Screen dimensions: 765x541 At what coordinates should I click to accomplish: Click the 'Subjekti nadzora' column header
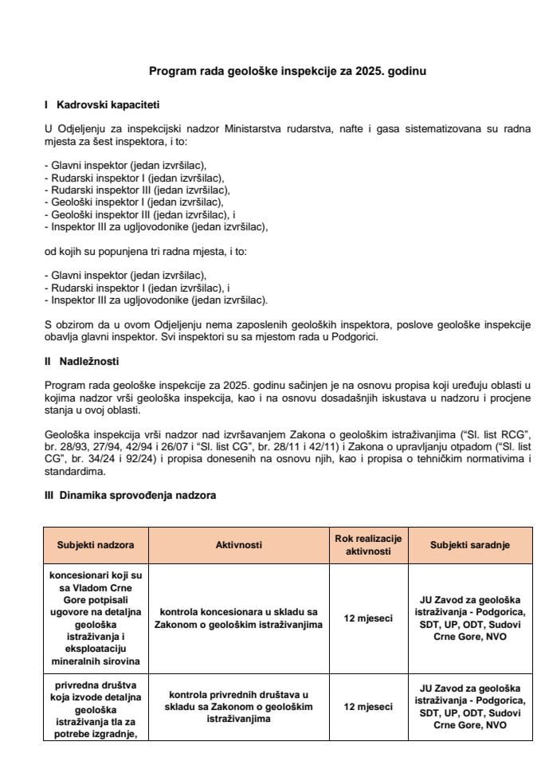click(x=96, y=545)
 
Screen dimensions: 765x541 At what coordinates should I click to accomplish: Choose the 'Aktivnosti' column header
click(x=238, y=545)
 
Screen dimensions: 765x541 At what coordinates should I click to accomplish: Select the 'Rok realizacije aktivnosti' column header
click(x=367, y=545)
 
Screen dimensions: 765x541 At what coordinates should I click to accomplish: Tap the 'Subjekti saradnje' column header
click(x=470, y=545)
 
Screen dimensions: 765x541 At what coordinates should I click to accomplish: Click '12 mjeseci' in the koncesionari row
click(x=367, y=618)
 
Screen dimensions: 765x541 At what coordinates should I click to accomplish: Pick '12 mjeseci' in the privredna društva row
click(x=367, y=706)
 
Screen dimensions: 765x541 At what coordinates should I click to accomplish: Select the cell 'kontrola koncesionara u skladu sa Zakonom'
click(x=238, y=618)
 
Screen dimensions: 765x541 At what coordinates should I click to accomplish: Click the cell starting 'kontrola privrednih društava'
click(x=238, y=706)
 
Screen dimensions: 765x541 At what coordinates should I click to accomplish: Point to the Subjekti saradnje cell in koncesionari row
click(x=470, y=618)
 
